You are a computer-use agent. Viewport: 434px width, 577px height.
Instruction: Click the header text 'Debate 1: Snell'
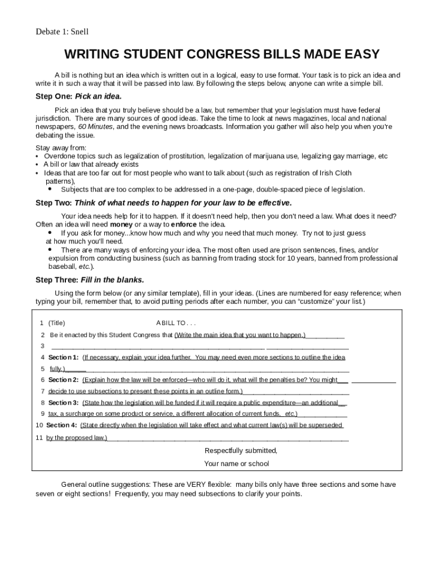[62, 32]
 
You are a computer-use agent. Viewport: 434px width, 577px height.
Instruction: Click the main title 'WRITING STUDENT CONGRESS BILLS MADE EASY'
[222, 55]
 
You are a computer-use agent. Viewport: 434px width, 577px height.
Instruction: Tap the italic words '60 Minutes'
[96, 127]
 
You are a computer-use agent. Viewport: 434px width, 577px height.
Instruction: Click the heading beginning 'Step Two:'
[163, 203]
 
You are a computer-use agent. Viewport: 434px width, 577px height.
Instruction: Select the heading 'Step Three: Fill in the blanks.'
[90, 279]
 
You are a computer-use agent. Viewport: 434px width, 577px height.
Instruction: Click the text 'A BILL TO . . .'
[176, 323]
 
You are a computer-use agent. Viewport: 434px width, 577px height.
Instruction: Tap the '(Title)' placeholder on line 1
[56, 323]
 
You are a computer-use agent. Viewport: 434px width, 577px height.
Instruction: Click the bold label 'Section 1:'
[64, 357]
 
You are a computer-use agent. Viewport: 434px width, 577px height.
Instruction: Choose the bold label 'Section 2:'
[64, 380]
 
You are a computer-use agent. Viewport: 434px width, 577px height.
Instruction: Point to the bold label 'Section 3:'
[64, 402]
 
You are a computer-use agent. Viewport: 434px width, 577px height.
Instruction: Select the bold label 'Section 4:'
[62, 425]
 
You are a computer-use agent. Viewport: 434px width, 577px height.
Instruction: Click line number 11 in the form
[39, 437]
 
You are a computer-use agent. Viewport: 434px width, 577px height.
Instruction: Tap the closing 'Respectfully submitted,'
[241, 451]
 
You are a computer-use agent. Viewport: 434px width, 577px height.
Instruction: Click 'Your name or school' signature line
[237, 464]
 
